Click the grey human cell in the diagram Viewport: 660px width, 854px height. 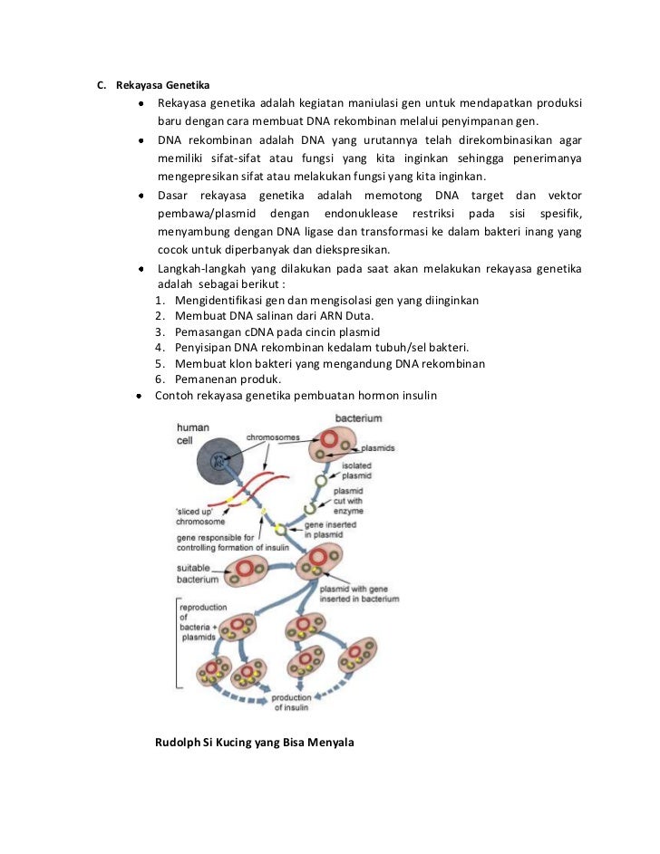coord(220,462)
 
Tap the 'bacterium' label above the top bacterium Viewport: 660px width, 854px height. coord(358,418)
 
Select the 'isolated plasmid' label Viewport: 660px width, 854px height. coord(356,471)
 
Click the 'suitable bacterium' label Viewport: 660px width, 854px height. coord(198,573)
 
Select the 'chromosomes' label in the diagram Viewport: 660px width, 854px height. coord(273,437)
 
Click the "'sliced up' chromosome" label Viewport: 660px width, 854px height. coord(200,516)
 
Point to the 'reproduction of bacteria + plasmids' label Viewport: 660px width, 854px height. coord(203,622)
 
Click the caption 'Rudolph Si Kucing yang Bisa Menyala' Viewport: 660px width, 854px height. coord(255,743)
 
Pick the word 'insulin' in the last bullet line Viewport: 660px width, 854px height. coord(413,395)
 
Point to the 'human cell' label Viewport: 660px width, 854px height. coord(191,434)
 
